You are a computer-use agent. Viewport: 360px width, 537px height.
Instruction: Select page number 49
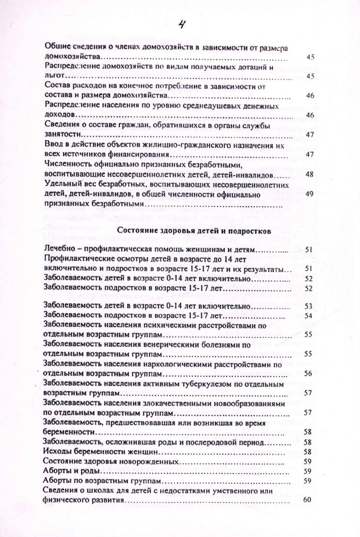tap(310, 194)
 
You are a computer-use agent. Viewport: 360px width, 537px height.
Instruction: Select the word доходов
tap(57, 114)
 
